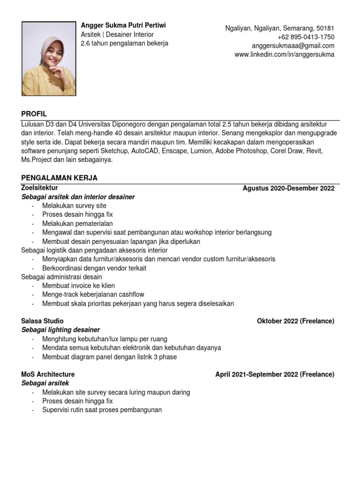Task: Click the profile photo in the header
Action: [49, 59]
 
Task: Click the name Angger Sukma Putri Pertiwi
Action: [123, 25]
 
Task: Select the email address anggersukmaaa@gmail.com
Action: [293, 46]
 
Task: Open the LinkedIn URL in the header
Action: [284, 55]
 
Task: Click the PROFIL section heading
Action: [34, 114]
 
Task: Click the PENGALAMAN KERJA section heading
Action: [60, 178]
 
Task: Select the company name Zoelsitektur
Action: [39, 188]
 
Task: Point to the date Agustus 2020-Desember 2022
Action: [288, 188]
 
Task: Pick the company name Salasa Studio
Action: [43, 321]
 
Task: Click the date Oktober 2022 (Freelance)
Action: [295, 321]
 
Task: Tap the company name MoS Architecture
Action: [48, 375]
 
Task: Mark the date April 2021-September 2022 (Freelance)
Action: [275, 375]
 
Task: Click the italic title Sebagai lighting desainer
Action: [60, 330]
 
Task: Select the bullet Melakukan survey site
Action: [74, 206]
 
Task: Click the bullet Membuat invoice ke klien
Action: [78, 285]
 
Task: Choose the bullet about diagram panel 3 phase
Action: [109, 357]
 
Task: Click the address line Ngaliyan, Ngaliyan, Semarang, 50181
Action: [280, 28]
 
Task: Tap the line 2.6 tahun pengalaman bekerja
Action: [124, 44]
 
